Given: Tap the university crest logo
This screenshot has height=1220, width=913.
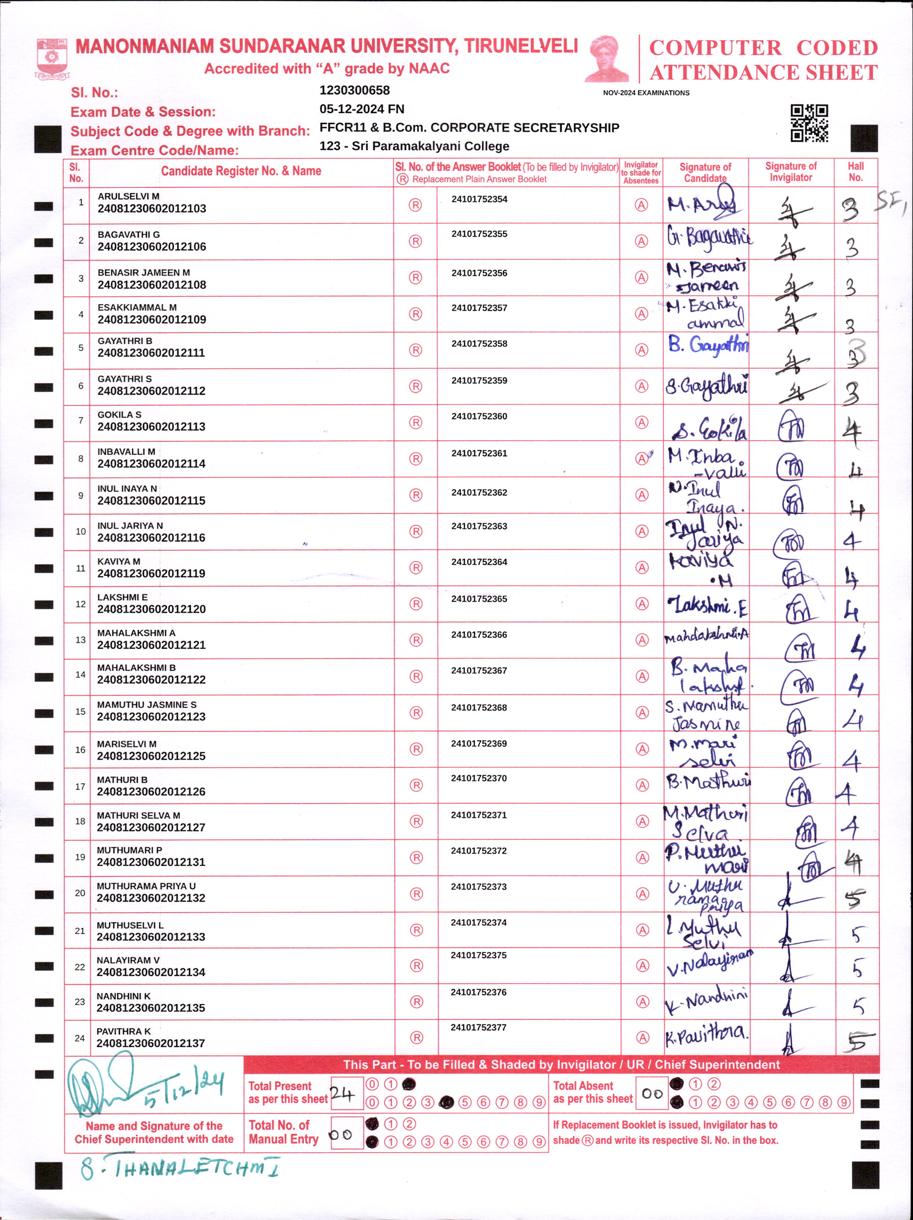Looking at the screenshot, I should (x=52, y=58).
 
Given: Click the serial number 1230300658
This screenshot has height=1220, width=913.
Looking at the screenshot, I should (x=354, y=91).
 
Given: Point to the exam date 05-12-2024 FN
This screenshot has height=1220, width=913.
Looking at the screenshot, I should (x=362, y=109).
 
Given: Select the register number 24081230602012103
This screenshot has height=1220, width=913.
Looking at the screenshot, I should (x=152, y=209).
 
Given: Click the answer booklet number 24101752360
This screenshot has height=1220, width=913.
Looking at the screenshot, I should (x=479, y=416).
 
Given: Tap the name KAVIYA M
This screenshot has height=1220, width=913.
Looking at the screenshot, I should (x=119, y=561).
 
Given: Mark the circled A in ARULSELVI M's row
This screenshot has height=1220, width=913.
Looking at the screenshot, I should (x=641, y=205).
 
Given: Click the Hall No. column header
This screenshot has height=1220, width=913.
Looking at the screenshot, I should (x=855, y=172).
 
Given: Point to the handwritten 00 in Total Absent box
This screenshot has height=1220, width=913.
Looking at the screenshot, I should (x=652, y=1093).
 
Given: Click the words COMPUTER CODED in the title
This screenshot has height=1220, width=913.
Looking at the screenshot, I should (x=763, y=48).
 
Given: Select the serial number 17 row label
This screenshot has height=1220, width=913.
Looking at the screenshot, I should (x=80, y=786).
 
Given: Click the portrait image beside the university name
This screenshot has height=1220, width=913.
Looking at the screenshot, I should (x=606, y=59).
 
